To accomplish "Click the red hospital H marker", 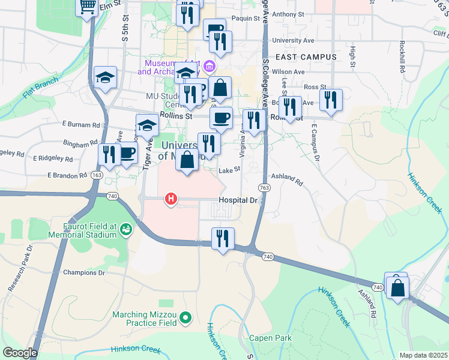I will tap(171, 199).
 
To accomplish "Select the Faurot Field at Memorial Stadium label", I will tap(90, 230).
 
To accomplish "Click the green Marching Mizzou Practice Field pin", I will tap(186, 318).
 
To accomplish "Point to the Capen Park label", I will tap(270, 338).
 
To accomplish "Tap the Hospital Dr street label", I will tap(238, 199).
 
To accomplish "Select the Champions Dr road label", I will tap(84, 272).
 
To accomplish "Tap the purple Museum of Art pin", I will tap(209, 65).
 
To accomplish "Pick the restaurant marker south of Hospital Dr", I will tap(223, 239).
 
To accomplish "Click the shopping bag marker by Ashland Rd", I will tap(397, 287).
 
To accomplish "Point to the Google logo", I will tap(19, 353).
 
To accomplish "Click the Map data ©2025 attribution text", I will tap(424, 355).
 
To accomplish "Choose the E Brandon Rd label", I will tap(67, 176).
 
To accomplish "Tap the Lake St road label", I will tap(229, 170).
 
